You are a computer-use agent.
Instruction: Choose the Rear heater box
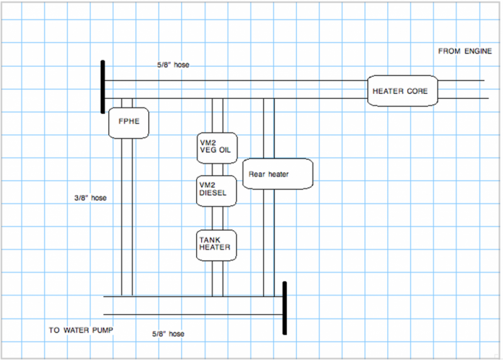[x=277, y=173]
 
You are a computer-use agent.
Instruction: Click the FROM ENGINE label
[x=465, y=51]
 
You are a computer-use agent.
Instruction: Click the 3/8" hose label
[x=90, y=198]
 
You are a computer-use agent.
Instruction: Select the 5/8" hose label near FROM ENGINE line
[x=174, y=64]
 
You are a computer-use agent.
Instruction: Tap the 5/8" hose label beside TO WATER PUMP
[x=169, y=334]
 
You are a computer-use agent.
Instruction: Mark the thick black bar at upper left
[x=102, y=87]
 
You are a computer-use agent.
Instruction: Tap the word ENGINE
[x=478, y=51]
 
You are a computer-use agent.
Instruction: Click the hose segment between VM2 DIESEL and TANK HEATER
[x=218, y=217]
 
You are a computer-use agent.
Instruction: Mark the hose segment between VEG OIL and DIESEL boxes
[x=218, y=169]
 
